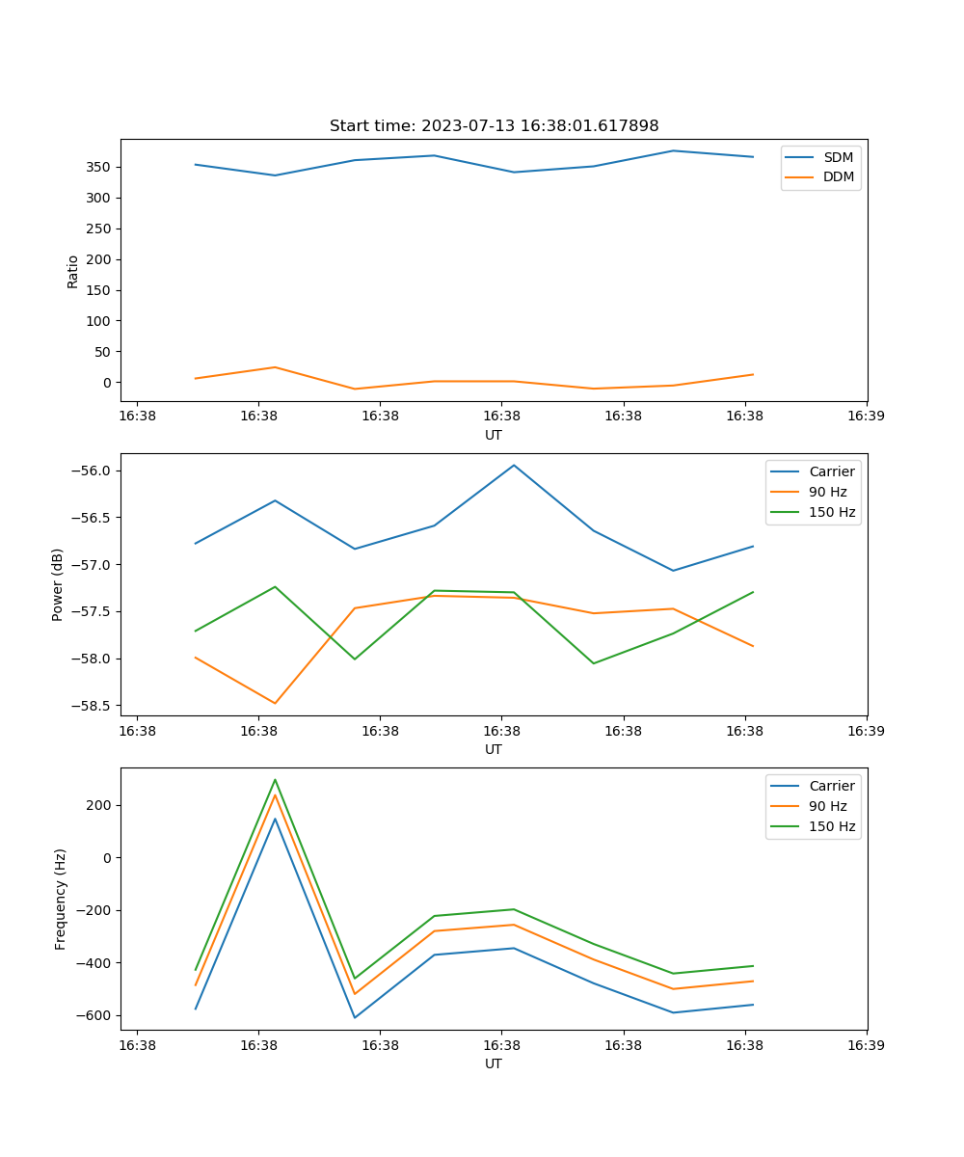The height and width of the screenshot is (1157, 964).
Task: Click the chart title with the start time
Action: [494, 126]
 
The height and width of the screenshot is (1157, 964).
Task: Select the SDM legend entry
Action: [838, 157]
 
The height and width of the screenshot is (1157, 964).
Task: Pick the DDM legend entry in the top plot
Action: [838, 177]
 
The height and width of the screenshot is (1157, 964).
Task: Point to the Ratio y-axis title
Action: [73, 271]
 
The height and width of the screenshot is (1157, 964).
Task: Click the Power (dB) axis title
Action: [59, 584]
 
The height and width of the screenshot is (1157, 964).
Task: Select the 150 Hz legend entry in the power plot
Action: [831, 512]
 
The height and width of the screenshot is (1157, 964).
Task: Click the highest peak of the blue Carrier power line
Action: [514, 466]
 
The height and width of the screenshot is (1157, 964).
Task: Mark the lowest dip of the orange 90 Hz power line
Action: [275, 703]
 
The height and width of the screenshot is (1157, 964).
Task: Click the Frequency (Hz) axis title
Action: [61, 899]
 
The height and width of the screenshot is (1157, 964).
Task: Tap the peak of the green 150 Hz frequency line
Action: [275, 780]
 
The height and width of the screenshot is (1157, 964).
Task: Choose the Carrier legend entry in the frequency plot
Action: [831, 786]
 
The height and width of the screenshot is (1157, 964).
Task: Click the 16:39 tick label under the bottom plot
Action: [867, 1045]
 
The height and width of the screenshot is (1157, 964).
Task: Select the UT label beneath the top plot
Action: [494, 435]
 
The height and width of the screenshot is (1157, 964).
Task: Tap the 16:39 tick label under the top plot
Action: [867, 417]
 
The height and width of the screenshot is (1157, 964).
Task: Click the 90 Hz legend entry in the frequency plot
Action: [827, 806]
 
